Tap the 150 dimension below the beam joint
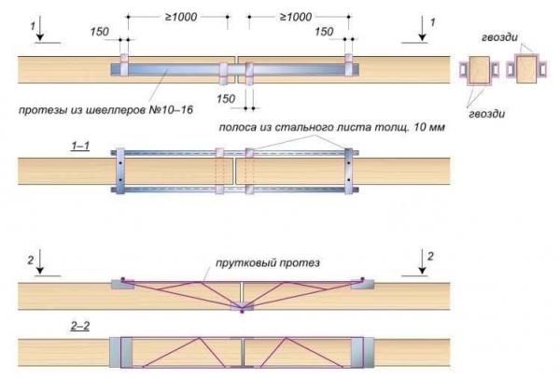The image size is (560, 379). pyautogui.click(x=225, y=97)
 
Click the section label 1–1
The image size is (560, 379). pyautogui.click(x=82, y=147)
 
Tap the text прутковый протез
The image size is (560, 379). pyautogui.click(x=278, y=263)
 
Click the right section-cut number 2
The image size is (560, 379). pyautogui.click(x=429, y=255)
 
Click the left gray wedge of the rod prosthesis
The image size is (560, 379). pyautogui.click(x=121, y=283)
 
